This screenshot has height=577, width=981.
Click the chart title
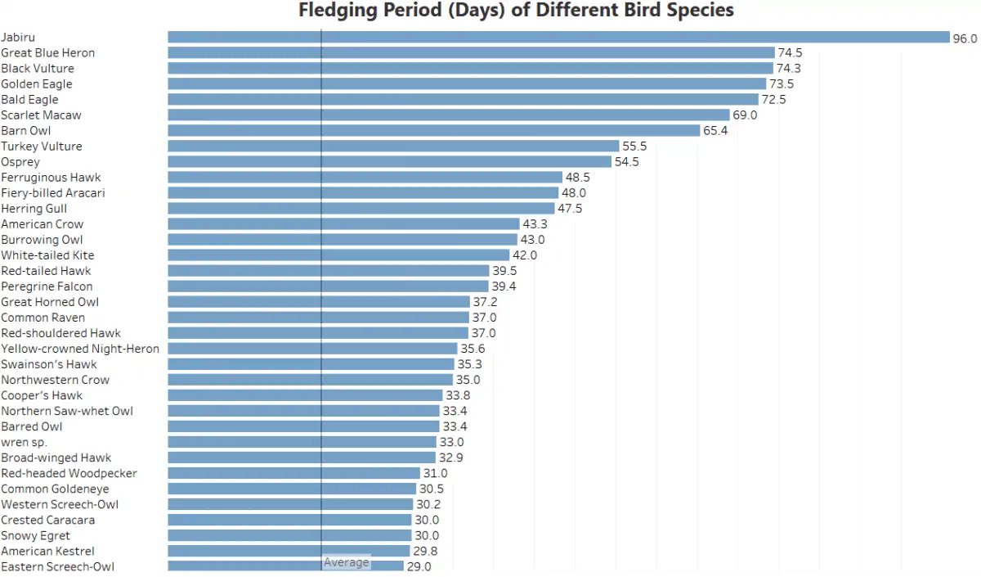click(x=516, y=11)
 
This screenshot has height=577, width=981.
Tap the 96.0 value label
click(x=965, y=38)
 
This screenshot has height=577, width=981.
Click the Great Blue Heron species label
click(x=48, y=53)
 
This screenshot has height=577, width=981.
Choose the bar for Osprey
click(x=389, y=162)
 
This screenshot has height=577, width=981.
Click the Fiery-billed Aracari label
click(x=53, y=193)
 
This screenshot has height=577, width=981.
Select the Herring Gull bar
click(x=361, y=209)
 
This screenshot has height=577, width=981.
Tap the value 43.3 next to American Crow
click(x=535, y=224)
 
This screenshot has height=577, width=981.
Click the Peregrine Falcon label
click(x=47, y=286)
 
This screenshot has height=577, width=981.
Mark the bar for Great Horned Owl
click(x=319, y=302)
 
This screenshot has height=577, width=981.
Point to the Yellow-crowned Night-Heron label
click(x=80, y=349)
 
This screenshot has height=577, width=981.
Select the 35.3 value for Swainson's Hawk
click(x=469, y=364)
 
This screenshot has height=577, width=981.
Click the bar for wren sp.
click(x=302, y=442)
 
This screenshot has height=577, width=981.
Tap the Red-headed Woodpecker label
click(x=69, y=473)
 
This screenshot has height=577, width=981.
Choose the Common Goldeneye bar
click(x=292, y=489)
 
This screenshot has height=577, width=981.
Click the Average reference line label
click(x=346, y=562)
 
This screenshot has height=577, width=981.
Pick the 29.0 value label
click(x=419, y=566)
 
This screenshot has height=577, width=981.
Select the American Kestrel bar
click(x=289, y=551)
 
